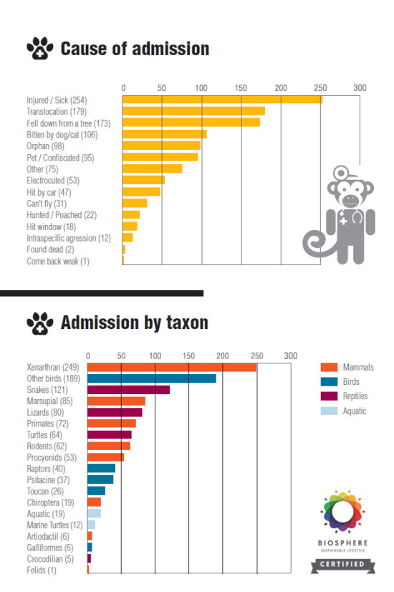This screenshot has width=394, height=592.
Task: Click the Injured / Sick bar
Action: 222,100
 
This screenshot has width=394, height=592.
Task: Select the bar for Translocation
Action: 193,111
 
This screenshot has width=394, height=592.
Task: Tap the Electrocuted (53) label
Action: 53,181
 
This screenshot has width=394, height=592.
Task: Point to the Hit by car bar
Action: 142,192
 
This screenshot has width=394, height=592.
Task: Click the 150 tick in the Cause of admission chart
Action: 241,88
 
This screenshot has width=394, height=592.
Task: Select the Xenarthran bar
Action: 172,368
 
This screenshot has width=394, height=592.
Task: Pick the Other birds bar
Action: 152,378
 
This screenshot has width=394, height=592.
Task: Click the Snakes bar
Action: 129,390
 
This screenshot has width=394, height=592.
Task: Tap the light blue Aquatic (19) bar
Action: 94,513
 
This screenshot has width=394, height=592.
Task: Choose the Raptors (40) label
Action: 46,469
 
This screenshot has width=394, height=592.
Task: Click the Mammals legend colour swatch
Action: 329,367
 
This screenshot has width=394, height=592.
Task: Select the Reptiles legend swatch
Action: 329,396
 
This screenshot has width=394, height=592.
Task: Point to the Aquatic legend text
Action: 355,411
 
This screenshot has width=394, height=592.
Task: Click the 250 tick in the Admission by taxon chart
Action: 257,356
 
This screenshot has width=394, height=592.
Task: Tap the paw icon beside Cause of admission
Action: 40,48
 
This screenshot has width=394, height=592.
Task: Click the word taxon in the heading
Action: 187,323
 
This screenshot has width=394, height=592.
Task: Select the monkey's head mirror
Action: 341,173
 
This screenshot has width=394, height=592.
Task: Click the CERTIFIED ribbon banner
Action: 342,565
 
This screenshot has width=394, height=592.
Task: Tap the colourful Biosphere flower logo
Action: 342,512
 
